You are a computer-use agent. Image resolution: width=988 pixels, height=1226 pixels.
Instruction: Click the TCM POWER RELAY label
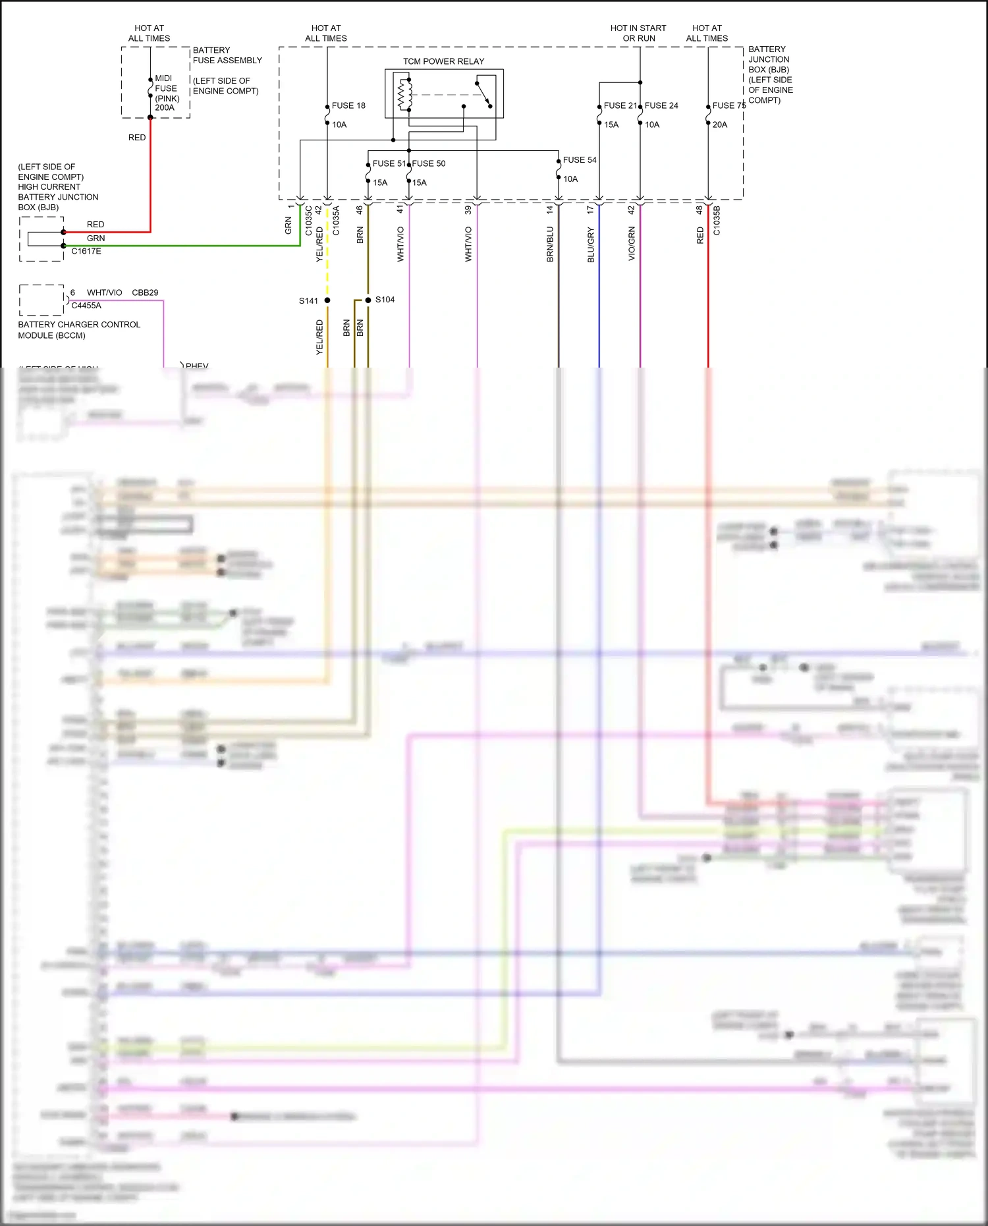(x=443, y=61)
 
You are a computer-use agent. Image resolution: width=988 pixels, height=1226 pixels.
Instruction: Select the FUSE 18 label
(x=348, y=105)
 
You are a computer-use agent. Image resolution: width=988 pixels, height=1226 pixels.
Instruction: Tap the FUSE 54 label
(x=580, y=160)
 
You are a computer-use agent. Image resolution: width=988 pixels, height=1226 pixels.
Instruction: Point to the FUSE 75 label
(x=728, y=105)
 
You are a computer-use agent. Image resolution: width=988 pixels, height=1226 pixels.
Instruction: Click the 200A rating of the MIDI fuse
(x=165, y=108)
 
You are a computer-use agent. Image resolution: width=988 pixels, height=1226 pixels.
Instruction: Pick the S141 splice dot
(x=327, y=300)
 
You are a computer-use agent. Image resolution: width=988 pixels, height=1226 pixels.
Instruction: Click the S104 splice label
(x=385, y=300)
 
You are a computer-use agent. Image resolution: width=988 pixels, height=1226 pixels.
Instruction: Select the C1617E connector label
(x=86, y=251)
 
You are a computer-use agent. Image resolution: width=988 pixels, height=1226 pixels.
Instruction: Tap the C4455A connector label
(x=86, y=306)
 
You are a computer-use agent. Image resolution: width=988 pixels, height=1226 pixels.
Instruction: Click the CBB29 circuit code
(x=145, y=293)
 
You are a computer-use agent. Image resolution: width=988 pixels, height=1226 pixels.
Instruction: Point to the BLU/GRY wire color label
(x=591, y=245)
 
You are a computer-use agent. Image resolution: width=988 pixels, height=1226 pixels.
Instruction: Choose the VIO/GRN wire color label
(x=632, y=244)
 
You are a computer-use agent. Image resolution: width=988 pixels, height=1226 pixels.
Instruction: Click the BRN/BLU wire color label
(x=550, y=244)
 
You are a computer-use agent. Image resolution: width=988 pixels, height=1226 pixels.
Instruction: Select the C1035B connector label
(x=717, y=221)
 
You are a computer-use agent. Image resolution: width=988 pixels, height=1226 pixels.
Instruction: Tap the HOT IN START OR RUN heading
(x=638, y=33)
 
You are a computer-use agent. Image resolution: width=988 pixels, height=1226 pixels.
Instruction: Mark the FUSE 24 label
(x=661, y=105)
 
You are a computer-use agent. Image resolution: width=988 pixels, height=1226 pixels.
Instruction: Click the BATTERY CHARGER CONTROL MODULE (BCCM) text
(x=79, y=330)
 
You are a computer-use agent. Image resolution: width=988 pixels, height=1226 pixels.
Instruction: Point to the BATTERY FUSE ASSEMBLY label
(x=227, y=55)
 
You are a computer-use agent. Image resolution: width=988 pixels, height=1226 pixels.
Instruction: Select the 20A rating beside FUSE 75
(x=720, y=125)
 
